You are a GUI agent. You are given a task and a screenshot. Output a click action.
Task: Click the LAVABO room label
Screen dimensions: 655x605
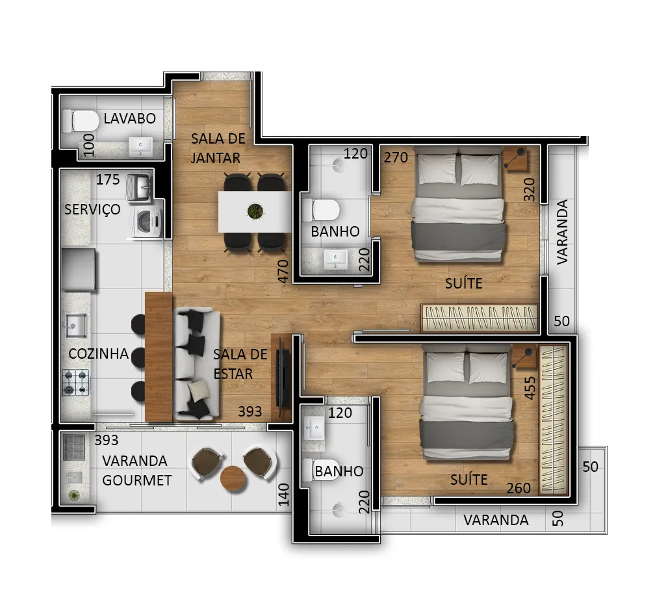click(x=129, y=118)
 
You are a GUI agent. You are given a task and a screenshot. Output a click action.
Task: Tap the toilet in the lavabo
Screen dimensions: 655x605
click(x=81, y=121)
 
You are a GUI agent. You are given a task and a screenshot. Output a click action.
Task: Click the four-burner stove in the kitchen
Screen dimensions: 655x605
click(x=75, y=382)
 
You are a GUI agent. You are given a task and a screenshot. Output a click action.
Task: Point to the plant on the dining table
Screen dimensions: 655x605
click(x=255, y=211)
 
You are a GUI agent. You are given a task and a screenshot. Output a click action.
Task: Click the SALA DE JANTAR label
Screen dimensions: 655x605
click(x=218, y=148)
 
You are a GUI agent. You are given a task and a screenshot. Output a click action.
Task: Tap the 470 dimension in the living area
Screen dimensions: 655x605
click(x=283, y=271)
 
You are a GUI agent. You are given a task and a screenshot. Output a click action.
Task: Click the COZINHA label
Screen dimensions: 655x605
click(x=99, y=354)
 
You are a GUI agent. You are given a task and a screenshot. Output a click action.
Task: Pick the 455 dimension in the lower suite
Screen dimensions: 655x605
click(x=529, y=388)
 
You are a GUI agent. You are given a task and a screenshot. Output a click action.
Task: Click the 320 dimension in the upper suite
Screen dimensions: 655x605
click(x=529, y=189)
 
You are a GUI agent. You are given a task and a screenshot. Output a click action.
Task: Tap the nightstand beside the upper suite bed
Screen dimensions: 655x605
click(x=515, y=159)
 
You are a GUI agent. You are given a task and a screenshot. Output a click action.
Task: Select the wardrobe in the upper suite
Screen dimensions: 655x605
click(x=480, y=318)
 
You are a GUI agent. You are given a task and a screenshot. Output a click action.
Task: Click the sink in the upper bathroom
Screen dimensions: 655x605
click(x=335, y=259)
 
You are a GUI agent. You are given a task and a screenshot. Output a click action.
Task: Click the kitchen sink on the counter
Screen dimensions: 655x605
click(x=77, y=326)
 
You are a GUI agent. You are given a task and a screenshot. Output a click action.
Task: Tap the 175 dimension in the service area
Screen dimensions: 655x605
click(x=108, y=179)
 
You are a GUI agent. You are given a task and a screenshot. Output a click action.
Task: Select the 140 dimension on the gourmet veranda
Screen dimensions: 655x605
click(x=283, y=495)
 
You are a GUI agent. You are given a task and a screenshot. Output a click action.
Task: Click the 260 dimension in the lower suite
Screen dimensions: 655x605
click(x=519, y=488)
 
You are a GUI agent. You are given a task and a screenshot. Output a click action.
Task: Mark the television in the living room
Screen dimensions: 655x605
click(x=283, y=378)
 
